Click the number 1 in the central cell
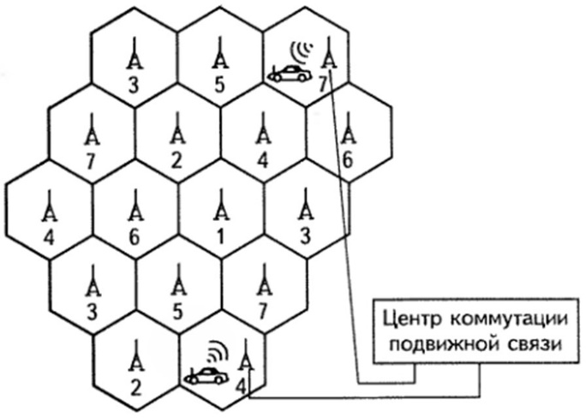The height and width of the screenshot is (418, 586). [220, 237]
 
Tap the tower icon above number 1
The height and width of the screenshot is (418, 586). [221, 205]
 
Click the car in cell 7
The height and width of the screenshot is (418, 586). [290, 73]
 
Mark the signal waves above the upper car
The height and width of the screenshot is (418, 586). [302, 52]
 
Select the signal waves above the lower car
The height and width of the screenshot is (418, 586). [217, 351]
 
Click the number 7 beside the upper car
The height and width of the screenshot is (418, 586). [322, 85]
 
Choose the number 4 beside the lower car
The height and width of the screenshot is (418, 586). [241, 387]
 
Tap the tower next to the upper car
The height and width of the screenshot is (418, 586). [329, 53]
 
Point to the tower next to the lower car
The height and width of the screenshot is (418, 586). [246, 355]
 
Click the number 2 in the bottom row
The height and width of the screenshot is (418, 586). [135, 388]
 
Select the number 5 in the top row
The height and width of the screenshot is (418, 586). [219, 85]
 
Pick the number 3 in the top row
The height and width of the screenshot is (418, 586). [134, 85]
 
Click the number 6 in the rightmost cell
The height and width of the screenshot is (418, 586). [347, 161]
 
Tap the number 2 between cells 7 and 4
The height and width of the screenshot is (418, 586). [176, 161]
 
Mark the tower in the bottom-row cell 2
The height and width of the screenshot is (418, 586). [136, 355]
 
